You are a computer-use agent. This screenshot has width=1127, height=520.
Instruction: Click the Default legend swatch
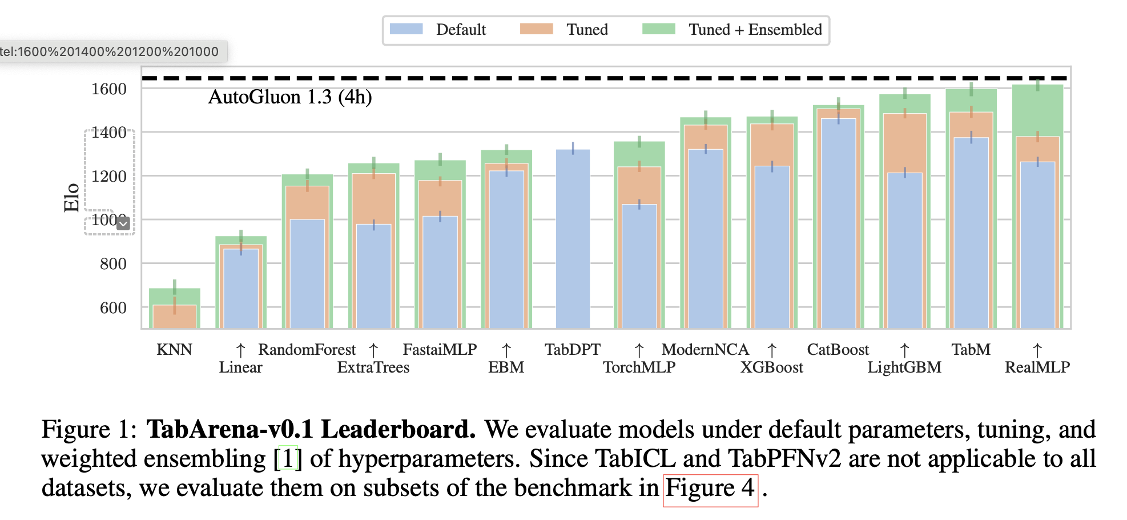click(x=406, y=29)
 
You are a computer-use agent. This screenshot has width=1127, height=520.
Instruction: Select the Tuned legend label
click(x=587, y=30)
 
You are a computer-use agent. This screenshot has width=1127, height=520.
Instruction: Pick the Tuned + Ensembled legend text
click(x=755, y=30)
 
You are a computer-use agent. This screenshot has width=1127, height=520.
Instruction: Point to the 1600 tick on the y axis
click(x=109, y=89)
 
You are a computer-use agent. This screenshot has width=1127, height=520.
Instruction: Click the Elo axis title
click(x=71, y=198)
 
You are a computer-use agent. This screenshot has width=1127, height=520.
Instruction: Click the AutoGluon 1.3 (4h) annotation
click(x=290, y=97)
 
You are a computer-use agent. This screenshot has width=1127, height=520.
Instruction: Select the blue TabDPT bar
click(x=573, y=240)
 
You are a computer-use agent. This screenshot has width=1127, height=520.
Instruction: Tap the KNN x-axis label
click(x=174, y=350)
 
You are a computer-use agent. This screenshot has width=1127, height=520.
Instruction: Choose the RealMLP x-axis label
click(x=1037, y=367)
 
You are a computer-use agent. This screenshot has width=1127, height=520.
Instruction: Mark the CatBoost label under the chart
click(x=838, y=350)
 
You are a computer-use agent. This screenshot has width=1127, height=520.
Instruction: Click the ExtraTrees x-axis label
click(x=373, y=367)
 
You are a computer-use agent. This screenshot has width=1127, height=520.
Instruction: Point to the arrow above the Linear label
click(x=241, y=350)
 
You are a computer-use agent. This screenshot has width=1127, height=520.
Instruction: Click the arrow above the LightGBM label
click(x=905, y=350)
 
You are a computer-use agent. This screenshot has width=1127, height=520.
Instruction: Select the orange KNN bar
click(x=175, y=317)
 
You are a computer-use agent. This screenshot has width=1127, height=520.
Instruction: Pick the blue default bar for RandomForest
click(x=307, y=274)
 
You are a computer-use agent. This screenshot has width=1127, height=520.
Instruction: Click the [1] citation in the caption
click(x=288, y=459)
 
